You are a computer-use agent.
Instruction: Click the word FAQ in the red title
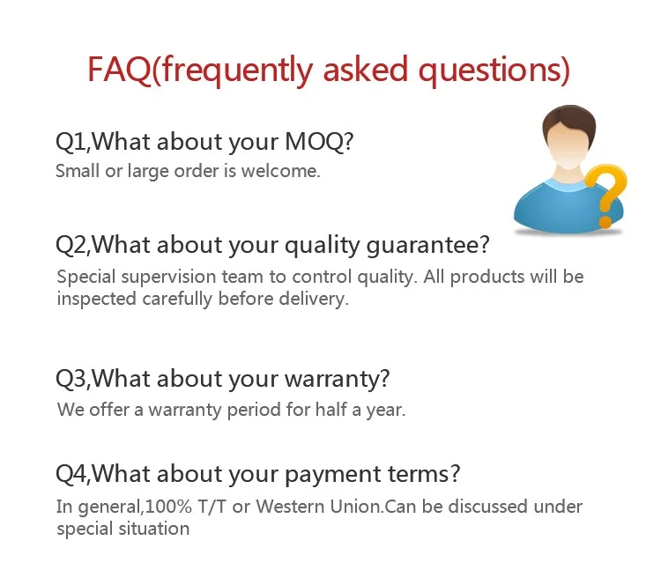coord(119,69)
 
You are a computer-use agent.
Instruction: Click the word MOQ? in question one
coord(319,141)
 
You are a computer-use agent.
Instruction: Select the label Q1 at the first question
coord(71,142)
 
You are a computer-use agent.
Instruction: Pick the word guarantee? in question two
coord(427,246)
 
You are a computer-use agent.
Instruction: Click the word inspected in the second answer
coord(97,300)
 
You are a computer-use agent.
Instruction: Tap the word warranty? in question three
coord(338,380)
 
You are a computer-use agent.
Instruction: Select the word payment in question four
coord(333,475)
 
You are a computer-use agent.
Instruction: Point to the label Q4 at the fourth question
coord(71,474)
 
